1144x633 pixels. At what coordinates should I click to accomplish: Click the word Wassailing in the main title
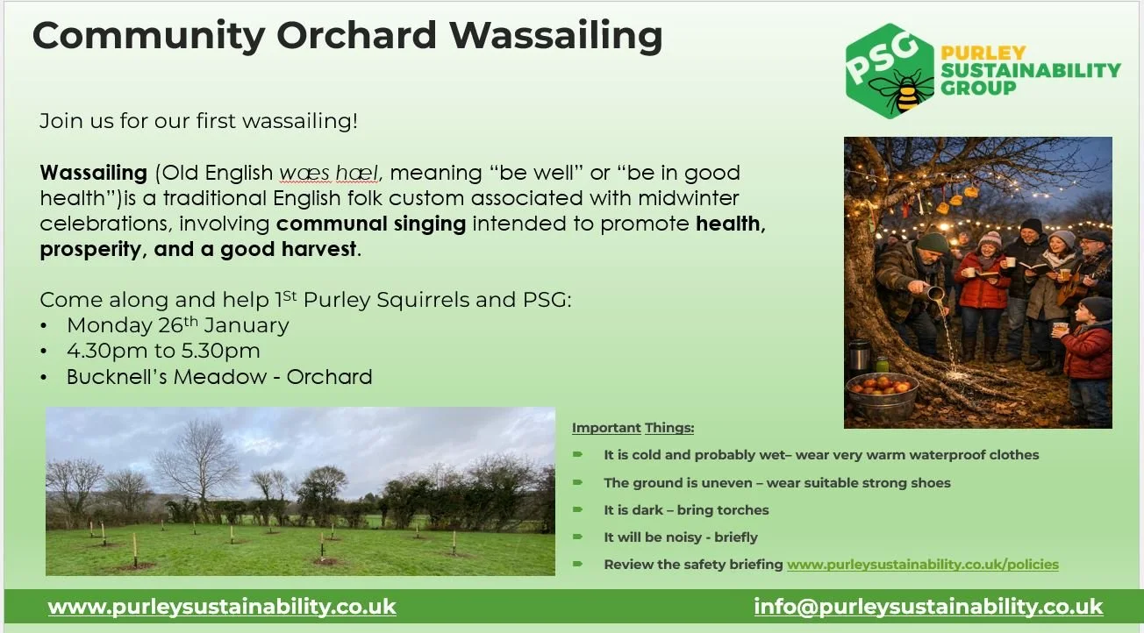click(556, 35)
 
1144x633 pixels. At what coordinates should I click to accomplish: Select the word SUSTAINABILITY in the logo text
click(1030, 70)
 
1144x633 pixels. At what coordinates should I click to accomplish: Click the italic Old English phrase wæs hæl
click(328, 173)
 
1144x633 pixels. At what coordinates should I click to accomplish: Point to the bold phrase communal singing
click(371, 224)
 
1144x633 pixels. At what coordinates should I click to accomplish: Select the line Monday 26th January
click(177, 325)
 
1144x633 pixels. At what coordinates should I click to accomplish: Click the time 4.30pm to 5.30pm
click(163, 352)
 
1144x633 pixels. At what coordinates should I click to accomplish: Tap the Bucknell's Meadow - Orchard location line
click(219, 377)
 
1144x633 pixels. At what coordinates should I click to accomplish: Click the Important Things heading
click(633, 428)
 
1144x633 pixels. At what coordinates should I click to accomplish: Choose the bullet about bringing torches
click(685, 509)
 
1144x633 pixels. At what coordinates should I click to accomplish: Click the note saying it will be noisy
click(680, 537)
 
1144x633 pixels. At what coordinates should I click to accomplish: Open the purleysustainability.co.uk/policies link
click(922, 565)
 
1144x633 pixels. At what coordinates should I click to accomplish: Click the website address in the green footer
click(222, 607)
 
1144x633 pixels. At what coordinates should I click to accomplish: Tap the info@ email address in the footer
click(927, 607)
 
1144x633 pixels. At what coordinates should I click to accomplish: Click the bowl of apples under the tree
click(882, 391)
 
